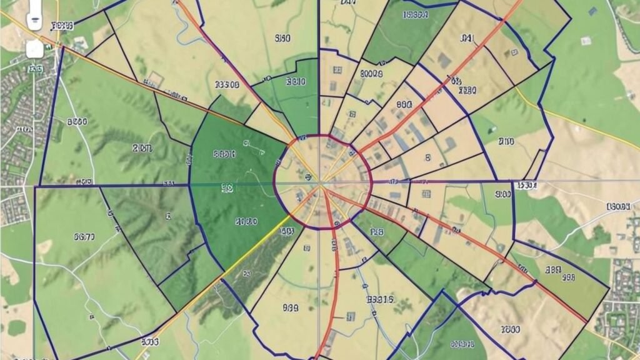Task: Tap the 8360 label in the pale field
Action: [282, 38]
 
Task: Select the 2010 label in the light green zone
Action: [142, 148]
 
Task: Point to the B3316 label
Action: [380, 299]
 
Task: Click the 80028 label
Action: [371, 73]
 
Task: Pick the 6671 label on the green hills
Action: [84, 236]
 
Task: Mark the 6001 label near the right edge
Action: [618, 206]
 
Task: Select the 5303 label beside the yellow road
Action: [150, 342]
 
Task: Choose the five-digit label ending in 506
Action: [227, 84]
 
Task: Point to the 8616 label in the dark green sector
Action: [224, 153]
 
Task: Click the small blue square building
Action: [592, 11]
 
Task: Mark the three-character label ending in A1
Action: [467, 38]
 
